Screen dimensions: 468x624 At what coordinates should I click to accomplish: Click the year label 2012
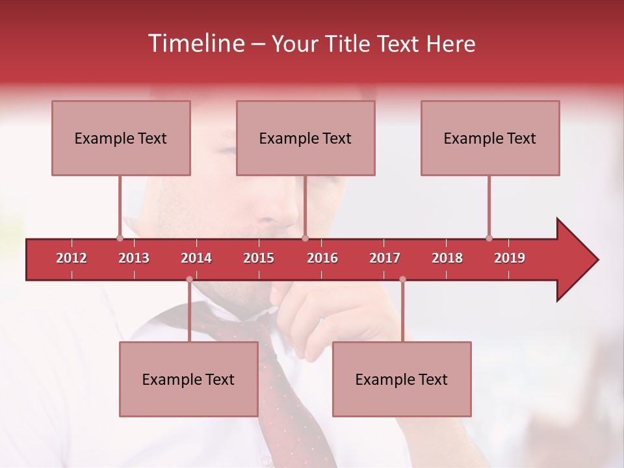click(x=71, y=258)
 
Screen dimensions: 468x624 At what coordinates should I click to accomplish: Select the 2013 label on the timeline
click(x=134, y=258)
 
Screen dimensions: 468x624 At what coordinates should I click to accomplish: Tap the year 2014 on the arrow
click(x=196, y=258)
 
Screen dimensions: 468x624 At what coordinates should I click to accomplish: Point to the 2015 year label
click(x=259, y=258)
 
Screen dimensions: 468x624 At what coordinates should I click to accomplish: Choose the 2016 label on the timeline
click(x=322, y=258)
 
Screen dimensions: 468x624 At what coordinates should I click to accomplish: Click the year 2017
click(x=385, y=258)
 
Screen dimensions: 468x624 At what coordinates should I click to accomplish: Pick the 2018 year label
click(x=447, y=258)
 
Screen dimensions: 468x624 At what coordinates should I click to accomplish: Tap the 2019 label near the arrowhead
click(x=510, y=258)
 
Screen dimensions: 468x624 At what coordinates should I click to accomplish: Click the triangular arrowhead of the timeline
click(x=576, y=259)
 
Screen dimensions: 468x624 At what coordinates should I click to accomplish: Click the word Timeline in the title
click(x=195, y=44)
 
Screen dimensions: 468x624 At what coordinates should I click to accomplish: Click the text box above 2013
click(x=121, y=138)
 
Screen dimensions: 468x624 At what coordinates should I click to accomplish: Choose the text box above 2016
click(x=305, y=138)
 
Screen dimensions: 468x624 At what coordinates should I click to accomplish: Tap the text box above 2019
click(x=490, y=138)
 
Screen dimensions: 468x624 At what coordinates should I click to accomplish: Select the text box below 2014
click(x=188, y=379)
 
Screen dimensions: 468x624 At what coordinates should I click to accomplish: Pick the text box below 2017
click(x=402, y=379)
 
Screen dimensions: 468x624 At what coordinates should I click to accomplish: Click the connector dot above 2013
click(x=120, y=238)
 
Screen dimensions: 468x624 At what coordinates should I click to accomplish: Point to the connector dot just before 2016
click(x=305, y=238)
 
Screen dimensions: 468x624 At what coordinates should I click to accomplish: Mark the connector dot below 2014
click(x=189, y=279)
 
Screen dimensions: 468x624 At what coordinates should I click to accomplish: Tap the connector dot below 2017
click(x=402, y=279)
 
